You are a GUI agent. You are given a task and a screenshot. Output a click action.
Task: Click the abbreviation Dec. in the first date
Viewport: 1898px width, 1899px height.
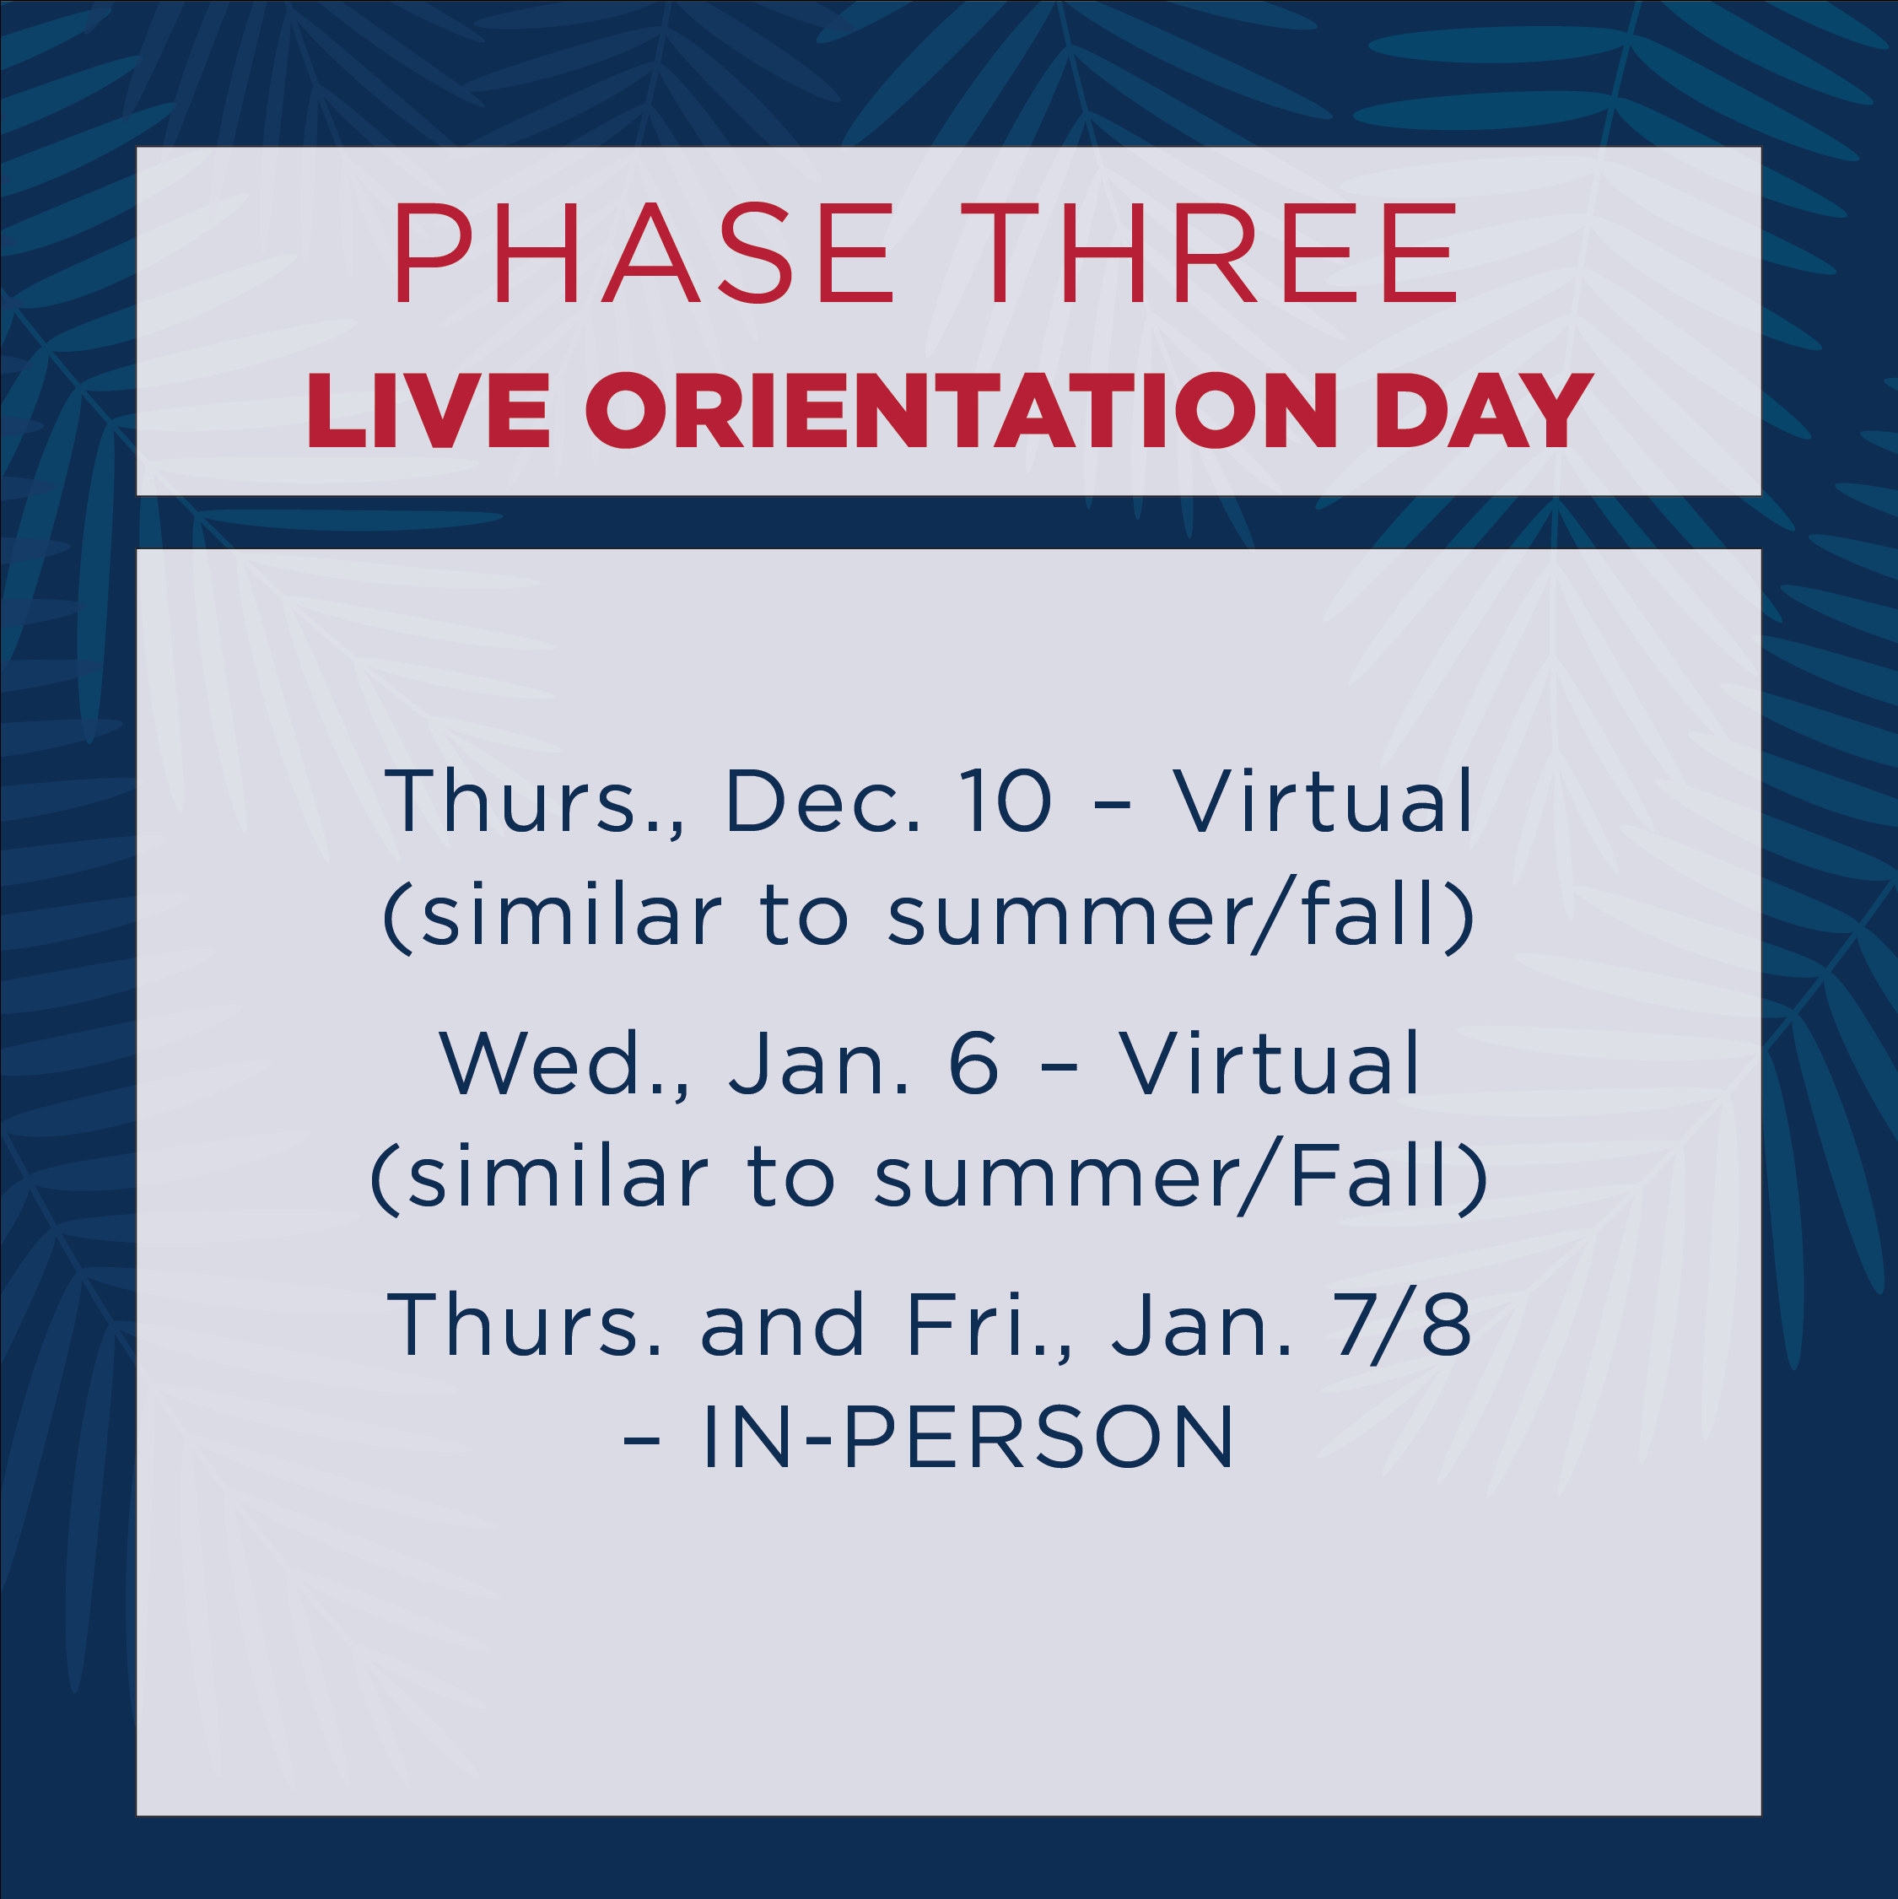(823, 801)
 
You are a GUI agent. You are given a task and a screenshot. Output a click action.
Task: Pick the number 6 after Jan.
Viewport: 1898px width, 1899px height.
(973, 1064)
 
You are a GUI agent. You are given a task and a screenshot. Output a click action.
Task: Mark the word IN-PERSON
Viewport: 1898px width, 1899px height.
(968, 1438)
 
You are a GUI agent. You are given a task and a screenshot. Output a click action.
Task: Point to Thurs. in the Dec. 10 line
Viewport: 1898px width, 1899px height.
(535, 801)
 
